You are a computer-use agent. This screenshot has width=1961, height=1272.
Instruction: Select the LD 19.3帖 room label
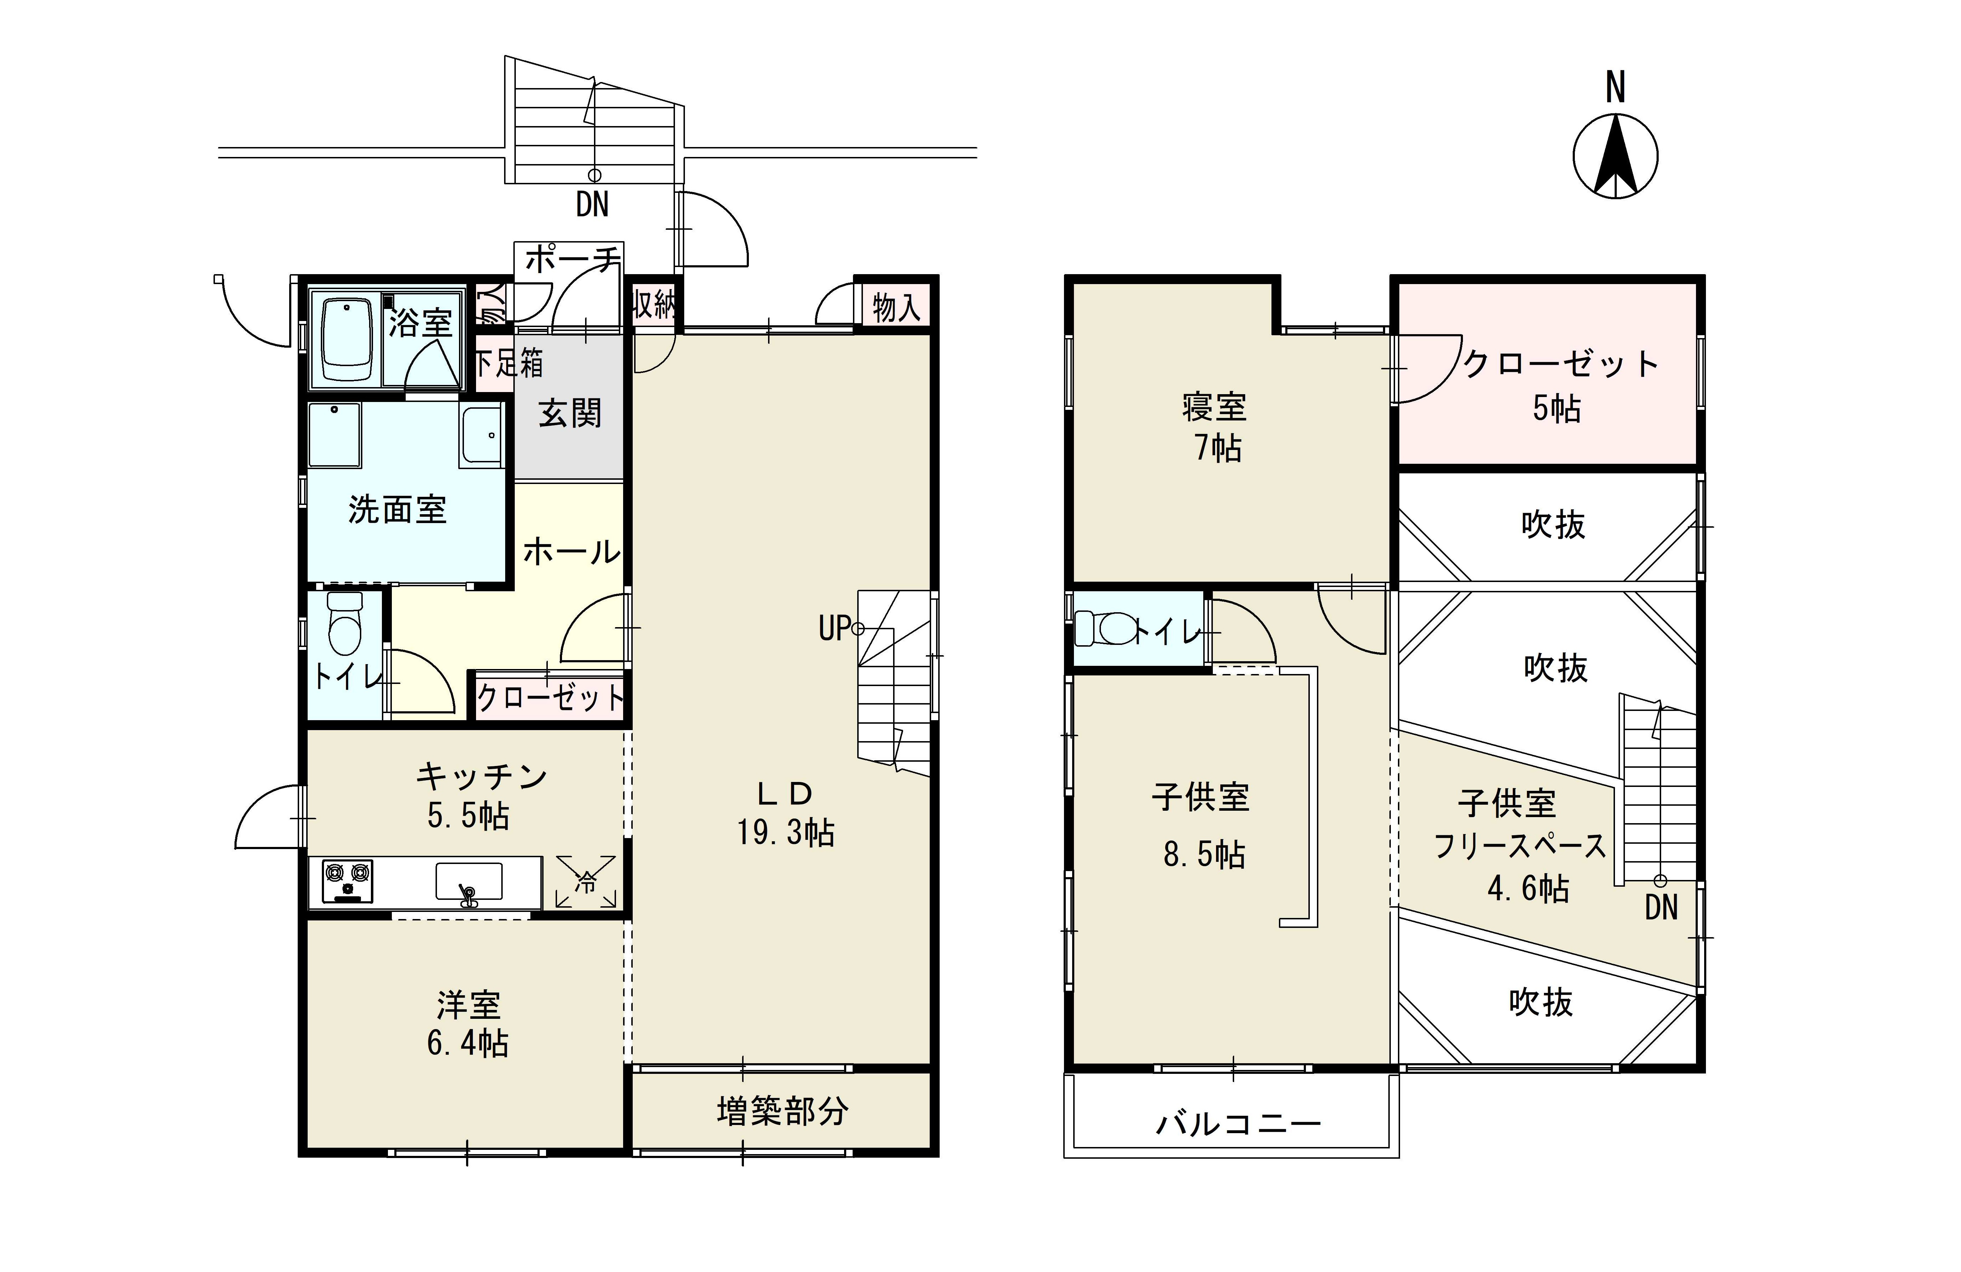[785, 814]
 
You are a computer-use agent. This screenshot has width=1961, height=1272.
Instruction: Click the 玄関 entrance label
[570, 413]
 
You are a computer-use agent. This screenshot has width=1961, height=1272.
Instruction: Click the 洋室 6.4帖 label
[468, 1024]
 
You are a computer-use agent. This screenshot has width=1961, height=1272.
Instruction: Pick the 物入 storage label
[896, 308]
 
